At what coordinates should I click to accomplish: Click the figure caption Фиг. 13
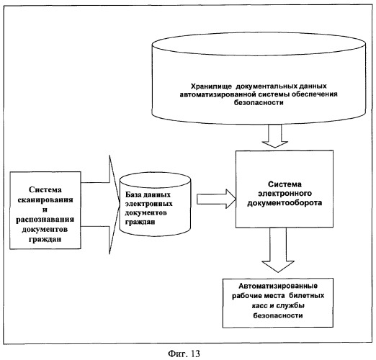coord(184,354)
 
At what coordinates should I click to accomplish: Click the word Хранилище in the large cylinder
coord(211,86)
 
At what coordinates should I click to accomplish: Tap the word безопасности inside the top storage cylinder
coord(259,102)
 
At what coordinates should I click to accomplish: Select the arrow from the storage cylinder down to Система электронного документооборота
coord(275,136)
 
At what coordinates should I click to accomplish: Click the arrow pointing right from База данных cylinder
coord(217,199)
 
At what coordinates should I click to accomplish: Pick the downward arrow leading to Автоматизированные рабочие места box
coord(278,250)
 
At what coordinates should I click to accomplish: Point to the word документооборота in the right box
coord(285,203)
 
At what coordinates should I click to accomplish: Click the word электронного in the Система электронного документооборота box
coord(285,194)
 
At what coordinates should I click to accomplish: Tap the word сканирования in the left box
coord(45,199)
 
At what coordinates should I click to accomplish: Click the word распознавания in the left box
coord(45,220)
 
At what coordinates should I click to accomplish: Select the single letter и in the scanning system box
coord(45,210)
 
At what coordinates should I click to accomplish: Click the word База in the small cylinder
coord(133,194)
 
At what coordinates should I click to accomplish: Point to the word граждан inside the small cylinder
coord(140,222)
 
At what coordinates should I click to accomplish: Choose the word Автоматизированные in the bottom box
coord(278,286)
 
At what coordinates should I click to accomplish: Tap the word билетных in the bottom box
coord(307,295)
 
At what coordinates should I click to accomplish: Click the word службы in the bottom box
coord(290,306)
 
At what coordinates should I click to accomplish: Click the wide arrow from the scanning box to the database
coord(100,204)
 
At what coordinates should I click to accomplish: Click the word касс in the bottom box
coord(260,306)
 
